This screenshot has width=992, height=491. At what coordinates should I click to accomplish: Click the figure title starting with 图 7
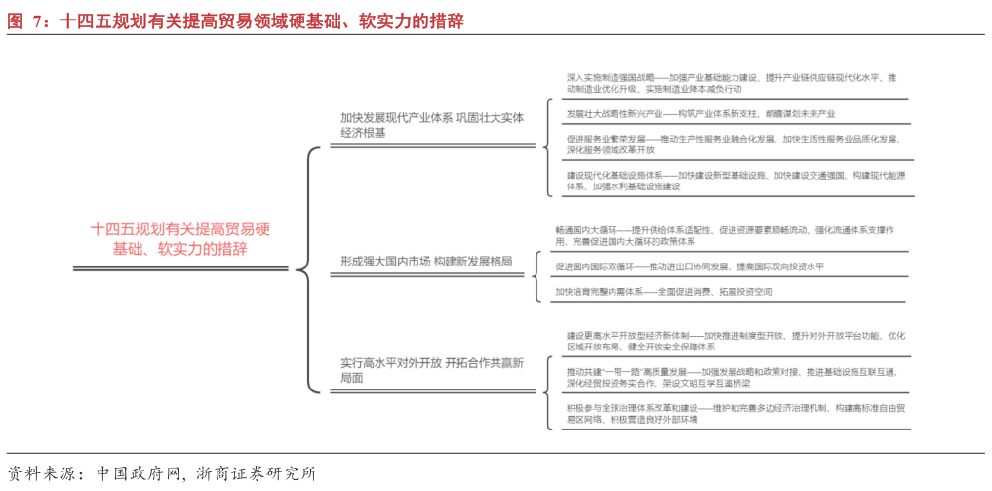(x=234, y=20)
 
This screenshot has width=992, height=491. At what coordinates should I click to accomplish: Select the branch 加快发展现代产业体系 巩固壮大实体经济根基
(x=431, y=126)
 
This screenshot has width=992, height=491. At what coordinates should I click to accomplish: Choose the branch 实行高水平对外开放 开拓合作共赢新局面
(x=431, y=370)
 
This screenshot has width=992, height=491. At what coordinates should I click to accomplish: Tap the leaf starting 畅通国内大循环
(x=724, y=235)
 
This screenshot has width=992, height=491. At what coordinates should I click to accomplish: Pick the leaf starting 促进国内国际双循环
(x=689, y=266)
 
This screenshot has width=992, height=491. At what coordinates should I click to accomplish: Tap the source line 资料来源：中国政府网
(x=161, y=473)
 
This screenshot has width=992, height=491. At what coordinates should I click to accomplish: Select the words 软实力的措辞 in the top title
(x=411, y=20)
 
